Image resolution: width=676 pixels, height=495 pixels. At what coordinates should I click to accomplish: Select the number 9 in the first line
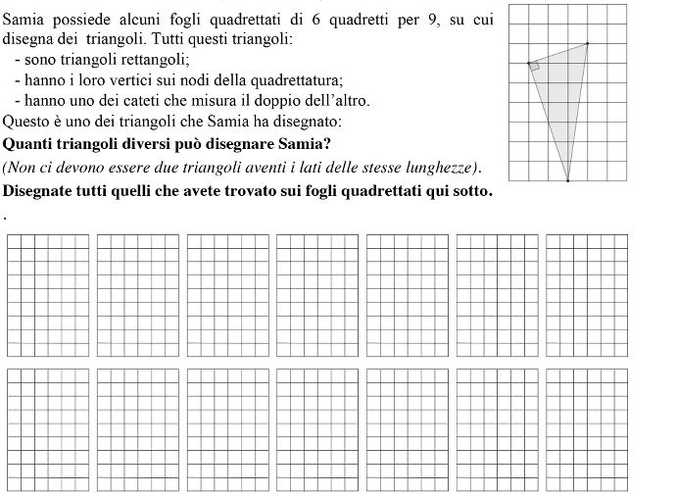coord(434,21)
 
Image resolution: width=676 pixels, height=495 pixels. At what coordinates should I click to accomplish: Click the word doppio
coord(284,101)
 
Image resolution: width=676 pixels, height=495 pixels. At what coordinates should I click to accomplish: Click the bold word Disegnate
coord(40,189)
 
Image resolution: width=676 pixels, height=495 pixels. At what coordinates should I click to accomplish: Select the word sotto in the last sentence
coord(467,189)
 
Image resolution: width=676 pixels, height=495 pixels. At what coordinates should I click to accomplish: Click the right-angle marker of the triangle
coord(535,69)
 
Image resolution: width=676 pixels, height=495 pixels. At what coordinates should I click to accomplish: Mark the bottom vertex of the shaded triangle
coord(567,180)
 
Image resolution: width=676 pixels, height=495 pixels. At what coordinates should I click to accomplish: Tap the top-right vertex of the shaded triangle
coord(588,43)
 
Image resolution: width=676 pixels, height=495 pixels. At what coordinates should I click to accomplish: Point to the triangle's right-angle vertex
coord(529,64)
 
